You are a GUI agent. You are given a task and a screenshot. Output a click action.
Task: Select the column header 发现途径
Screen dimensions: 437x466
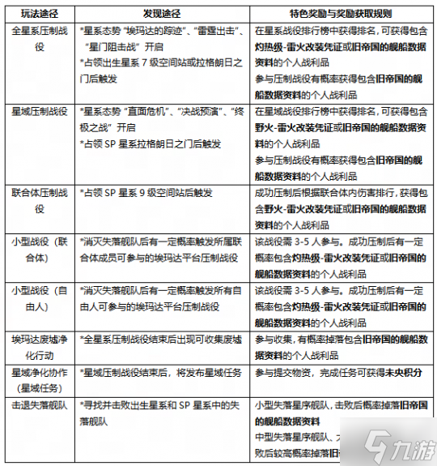pyautogui.click(x=162, y=14)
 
